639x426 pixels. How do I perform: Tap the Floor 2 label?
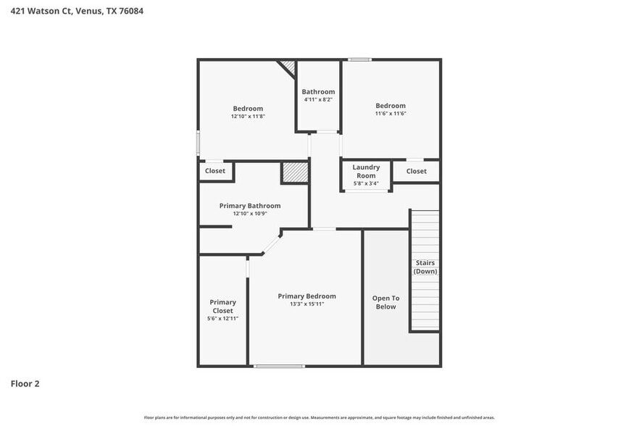25,383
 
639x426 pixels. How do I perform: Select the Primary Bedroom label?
306,296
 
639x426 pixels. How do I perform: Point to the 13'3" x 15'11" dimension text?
306,304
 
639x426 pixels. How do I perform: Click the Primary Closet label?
222,306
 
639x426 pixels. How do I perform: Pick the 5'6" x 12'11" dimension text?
222,319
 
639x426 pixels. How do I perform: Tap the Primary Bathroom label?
250,206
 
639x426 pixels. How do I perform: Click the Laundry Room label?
366,172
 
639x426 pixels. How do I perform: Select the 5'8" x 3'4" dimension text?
366,183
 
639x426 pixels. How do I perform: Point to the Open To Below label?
385,302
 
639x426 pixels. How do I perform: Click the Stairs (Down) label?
425,267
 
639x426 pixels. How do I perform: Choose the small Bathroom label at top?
318,91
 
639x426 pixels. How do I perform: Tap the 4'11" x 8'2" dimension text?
318,100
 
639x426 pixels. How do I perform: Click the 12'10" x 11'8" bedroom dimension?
248,116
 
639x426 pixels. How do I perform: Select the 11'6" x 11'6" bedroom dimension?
390,114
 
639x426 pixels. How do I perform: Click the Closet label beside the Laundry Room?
416,171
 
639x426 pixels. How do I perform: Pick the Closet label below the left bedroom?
215,171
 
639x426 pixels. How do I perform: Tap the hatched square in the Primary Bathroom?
295,172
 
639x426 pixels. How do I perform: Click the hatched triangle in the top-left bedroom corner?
289,67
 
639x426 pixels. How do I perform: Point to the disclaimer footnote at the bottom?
319,417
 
